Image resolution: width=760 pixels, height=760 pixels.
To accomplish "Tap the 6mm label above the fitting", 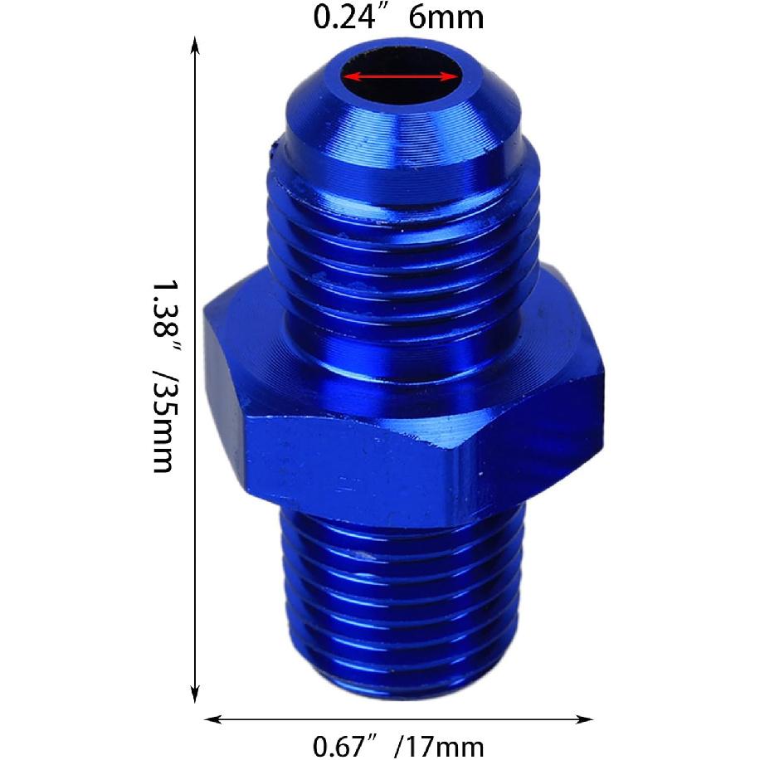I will pos(446,17).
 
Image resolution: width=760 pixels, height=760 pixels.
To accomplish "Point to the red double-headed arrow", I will pos(402,76).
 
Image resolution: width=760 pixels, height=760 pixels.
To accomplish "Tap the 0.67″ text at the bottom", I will pos(348,747).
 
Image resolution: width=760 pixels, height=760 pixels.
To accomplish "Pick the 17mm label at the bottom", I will pos(443,747).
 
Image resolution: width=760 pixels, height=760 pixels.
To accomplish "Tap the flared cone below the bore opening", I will pos(402,133).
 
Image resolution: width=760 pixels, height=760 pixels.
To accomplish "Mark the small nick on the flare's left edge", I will pos(270,150).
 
